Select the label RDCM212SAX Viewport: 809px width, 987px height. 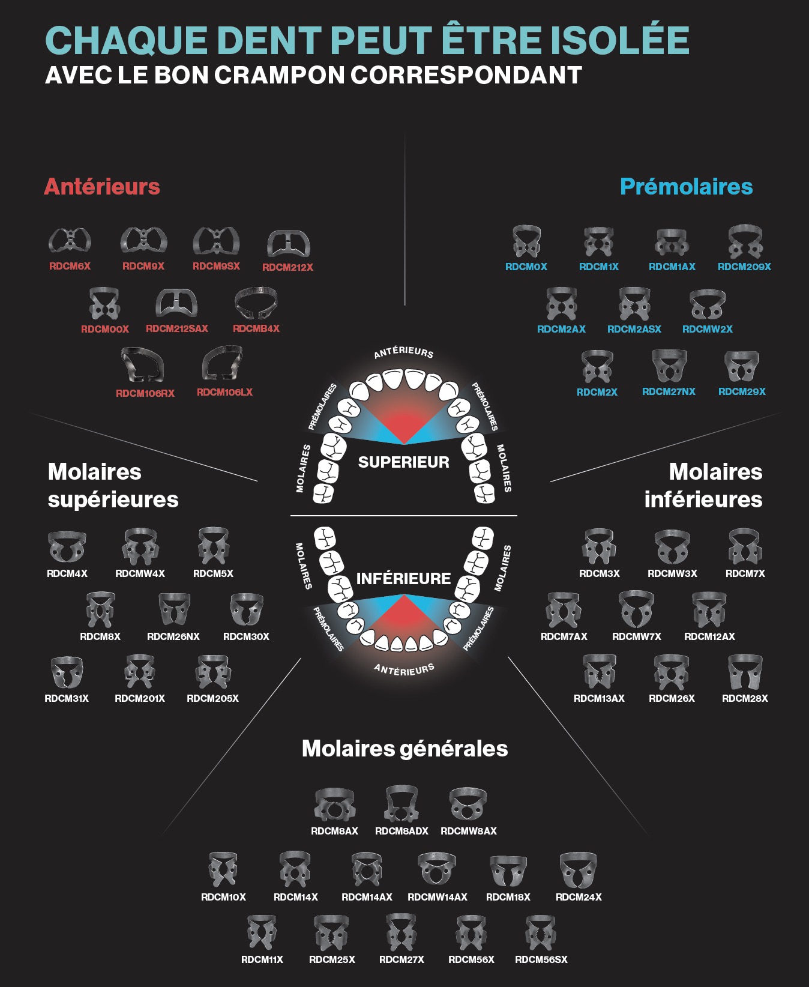[177, 329]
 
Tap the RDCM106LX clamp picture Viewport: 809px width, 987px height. [223, 363]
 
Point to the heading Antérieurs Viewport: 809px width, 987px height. [102, 187]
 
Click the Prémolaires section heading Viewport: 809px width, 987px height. [686, 187]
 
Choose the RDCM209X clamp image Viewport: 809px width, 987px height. [745, 242]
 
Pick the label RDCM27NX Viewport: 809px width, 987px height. [669, 391]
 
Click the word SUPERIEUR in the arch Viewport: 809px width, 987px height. [404, 462]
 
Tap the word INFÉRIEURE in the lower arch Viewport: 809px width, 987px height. [404, 579]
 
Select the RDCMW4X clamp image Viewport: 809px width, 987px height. [140, 546]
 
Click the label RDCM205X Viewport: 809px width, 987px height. [212, 699]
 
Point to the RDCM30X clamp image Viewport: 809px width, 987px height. [247, 610]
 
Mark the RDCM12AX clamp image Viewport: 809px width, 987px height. [709, 610]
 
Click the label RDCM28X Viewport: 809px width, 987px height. [745, 699]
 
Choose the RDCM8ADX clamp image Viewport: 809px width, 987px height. [401, 804]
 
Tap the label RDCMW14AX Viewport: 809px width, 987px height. [438, 898]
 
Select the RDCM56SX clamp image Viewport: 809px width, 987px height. [541, 933]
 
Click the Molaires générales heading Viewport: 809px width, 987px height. [405, 749]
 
